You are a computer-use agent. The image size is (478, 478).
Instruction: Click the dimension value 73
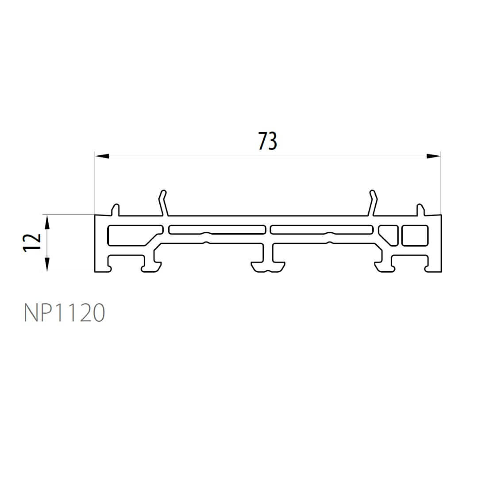click(x=268, y=141)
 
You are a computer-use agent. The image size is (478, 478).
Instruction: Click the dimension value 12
click(x=32, y=243)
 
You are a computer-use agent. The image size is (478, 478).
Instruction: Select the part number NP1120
click(x=64, y=312)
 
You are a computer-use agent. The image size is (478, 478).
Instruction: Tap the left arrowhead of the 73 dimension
click(x=102, y=156)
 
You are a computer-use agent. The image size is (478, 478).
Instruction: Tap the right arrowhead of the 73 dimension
click(x=433, y=156)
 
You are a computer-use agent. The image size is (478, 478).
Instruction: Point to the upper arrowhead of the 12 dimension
click(x=47, y=222)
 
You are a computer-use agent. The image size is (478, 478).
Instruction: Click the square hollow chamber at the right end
click(x=415, y=235)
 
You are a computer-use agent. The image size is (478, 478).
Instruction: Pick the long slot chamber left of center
click(x=217, y=230)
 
